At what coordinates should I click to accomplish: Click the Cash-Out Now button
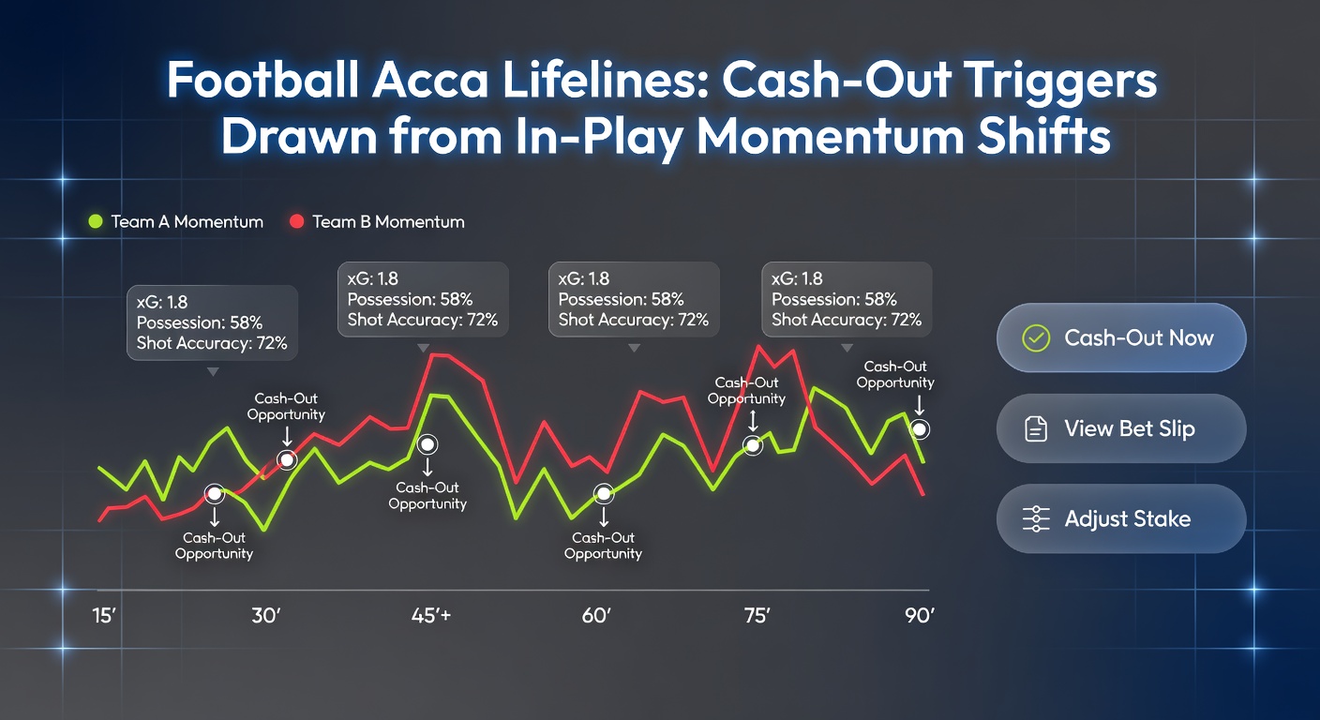tap(1120, 337)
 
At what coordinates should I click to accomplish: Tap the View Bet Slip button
tap(1120, 428)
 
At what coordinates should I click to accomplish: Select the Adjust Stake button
tap(1120, 518)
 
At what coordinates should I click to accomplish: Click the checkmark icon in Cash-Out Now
tap(1035, 338)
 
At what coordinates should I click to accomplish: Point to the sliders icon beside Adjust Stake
tap(1036, 518)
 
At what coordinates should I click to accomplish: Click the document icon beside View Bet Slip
tap(1035, 429)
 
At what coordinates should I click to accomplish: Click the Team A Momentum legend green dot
tap(95, 222)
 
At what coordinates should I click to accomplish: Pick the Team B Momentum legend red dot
tap(296, 222)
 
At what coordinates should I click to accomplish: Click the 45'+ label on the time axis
tap(431, 617)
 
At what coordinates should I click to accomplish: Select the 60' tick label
tap(596, 617)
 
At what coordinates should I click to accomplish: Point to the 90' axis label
tap(919, 617)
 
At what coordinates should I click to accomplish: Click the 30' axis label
tap(267, 617)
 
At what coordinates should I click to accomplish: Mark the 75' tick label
tap(756, 617)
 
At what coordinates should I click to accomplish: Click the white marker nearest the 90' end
tap(920, 429)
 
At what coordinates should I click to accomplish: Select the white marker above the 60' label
tap(603, 493)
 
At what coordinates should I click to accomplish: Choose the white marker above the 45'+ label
tap(427, 443)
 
